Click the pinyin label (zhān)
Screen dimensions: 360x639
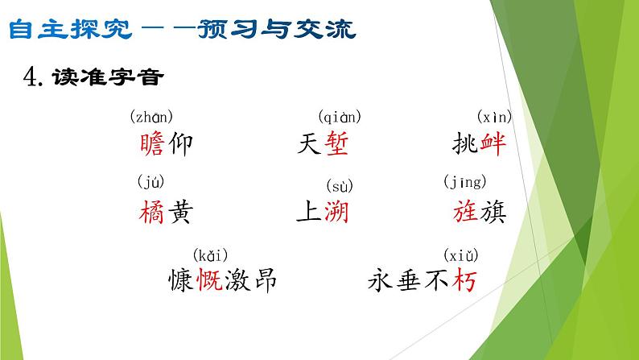(151, 117)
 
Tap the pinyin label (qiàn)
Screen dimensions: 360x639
(339, 117)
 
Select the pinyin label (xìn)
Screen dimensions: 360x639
(494, 117)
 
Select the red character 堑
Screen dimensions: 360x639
(338, 145)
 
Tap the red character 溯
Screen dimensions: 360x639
(338, 212)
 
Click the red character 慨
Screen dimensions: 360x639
(207, 280)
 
